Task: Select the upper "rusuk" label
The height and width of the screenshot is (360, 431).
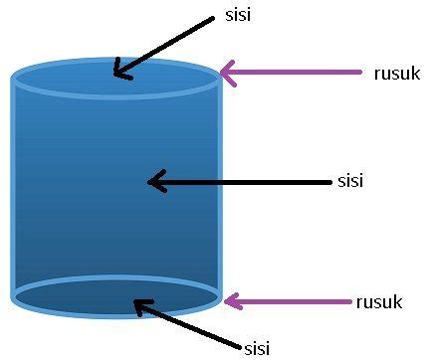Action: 396,73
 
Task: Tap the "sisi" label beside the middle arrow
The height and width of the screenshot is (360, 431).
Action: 351,181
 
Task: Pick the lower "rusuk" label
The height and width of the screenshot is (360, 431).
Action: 378,301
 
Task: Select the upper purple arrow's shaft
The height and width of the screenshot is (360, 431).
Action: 299,72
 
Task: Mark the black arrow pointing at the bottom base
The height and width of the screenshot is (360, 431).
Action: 189,324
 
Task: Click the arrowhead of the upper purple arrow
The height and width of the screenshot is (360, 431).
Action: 228,72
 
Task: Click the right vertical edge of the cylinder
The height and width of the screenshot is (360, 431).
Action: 218,189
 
